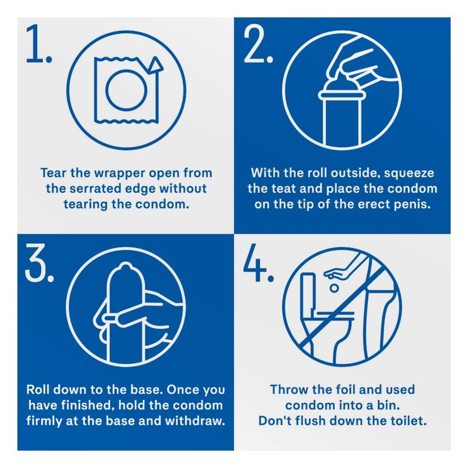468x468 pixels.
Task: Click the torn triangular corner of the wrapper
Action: tap(155, 66)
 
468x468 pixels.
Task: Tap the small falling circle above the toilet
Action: tap(334, 288)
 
